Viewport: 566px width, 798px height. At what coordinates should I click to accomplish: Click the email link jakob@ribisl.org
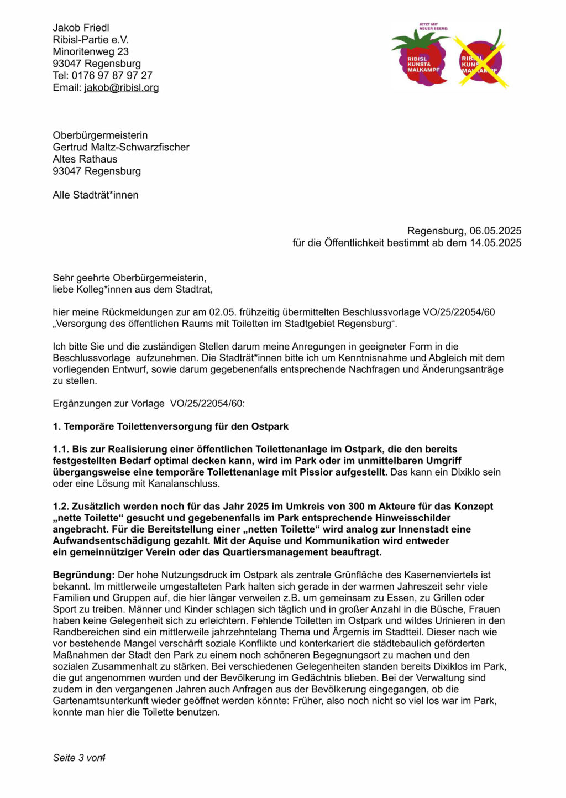pos(121,87)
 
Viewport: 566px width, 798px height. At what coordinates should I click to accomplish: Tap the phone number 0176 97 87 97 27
pos(112,75)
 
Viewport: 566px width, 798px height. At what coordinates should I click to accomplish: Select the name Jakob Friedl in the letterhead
pos(81,28)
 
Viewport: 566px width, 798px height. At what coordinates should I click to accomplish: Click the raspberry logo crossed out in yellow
pos(480,60)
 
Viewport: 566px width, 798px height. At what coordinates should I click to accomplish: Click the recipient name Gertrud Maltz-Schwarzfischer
pos(121,147)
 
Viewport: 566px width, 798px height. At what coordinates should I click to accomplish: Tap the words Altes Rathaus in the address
pos(85,159)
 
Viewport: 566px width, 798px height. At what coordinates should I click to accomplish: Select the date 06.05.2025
pos(495,231)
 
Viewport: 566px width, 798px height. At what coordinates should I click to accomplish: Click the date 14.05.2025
pos(495,243)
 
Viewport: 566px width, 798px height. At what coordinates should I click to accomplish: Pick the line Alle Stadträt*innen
pos(96,195)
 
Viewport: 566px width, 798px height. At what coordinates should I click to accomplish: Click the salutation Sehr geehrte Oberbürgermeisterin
pos(129,278)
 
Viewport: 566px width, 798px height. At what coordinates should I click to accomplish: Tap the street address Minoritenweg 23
pos(91,51)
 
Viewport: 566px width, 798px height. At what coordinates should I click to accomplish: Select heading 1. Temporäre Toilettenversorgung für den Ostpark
pos(171,426)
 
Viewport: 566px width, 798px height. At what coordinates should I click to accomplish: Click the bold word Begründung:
pos(83,575)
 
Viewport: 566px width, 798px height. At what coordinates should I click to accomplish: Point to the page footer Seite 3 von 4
pos(79,758)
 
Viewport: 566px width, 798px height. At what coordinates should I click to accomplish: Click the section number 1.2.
pos(61,506)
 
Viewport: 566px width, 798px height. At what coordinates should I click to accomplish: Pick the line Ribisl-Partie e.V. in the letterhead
pos(91,40)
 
